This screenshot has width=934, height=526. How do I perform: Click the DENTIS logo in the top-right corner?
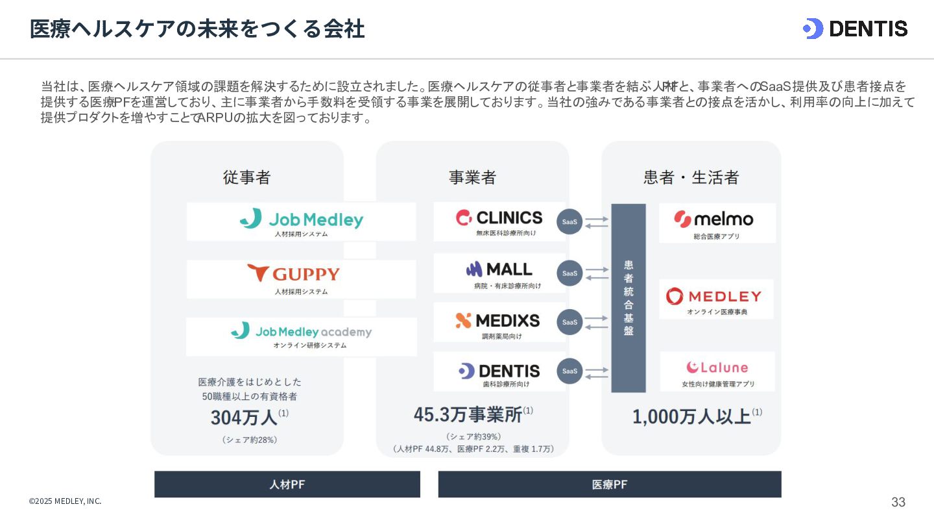tap(855, 29)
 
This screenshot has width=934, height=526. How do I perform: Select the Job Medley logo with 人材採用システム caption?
tap(302, 219)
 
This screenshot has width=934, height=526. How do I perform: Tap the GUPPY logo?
tap(293, 273)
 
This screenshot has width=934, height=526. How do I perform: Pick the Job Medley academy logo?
tap(302, 332)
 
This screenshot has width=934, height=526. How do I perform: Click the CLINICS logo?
tap(499, 218)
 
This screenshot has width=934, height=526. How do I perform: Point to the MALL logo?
tap(499, 269)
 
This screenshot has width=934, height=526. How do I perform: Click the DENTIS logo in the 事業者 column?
tap(499, 371)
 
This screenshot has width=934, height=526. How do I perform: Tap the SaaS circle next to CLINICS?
tap(569, 221)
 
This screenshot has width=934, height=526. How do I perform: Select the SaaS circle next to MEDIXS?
tap(569, 322)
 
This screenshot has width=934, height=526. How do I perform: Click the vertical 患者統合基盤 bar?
tap(629, 298)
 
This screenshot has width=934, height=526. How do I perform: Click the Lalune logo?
tap(717, 368)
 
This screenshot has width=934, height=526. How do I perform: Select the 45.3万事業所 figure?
tap(468, 414)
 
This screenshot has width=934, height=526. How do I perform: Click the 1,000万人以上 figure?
tap(691, 416)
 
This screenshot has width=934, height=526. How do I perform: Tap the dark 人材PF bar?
tap(287, 484)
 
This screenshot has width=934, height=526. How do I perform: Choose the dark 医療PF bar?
tap(610, 484)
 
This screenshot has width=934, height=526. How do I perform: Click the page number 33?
tap(898, 502)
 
